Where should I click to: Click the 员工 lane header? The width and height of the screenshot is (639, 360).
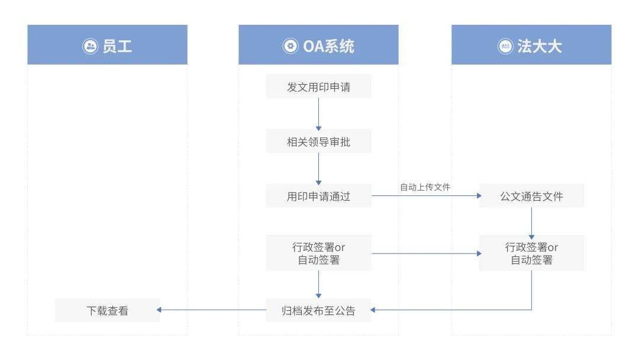point(107,45)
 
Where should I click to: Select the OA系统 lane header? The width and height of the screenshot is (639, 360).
point(318,45)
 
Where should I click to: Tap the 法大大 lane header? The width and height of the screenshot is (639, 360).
point(531,45)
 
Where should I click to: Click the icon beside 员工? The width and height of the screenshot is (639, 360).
point(90,46)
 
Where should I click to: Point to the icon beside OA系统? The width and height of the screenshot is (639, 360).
point(290,46)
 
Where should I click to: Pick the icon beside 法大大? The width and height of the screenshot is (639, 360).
point(505,46)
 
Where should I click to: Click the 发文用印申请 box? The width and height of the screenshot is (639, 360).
point(318,86)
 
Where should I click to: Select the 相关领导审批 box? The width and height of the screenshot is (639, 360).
point(318,142)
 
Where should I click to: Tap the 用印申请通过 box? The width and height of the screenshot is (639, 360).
point(318,196)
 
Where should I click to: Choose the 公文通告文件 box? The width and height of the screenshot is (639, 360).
point(531,196)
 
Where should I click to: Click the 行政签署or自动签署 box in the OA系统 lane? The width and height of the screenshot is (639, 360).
point(318,253)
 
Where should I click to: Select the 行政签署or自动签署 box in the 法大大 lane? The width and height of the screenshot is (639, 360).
point(531,253)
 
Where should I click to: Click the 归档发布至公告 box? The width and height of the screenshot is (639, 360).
point(318,310)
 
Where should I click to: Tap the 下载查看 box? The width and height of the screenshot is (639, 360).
point(107,310)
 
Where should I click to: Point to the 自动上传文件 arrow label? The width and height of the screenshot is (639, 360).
point(425,187)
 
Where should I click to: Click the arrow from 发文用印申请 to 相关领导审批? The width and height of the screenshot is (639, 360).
point(318,114)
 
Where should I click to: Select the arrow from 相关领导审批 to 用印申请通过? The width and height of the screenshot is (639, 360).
point(318,169)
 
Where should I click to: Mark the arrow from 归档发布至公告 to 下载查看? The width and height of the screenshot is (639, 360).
point(213,310)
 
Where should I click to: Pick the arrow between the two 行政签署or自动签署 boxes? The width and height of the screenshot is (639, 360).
point(425,253)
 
